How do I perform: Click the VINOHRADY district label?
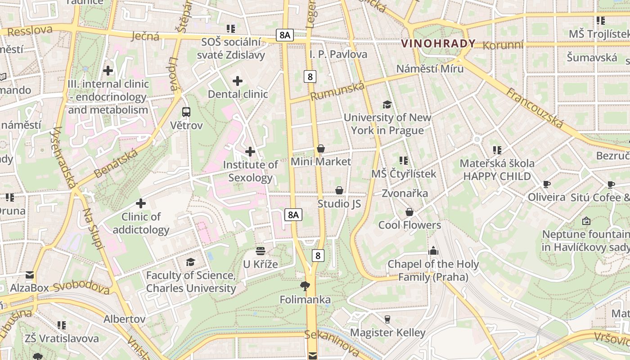click(x=438, y=43)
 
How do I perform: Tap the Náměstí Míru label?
click(x=430, y=69)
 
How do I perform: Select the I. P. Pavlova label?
click(x=338, y=54)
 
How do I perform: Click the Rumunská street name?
click(x=337, y=92)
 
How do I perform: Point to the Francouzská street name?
click(x=535, y=108)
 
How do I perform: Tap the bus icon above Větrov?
click(x=186, y=112)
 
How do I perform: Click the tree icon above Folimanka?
click(x=305, y=286)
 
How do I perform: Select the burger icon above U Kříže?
click(x=261, y=251)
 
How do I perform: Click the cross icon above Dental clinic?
click(x=237, y=81)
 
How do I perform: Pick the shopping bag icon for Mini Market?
click(x=321, y=148)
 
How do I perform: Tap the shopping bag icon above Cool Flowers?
click(x=409, y=211)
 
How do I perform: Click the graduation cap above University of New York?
click(x=387, y=105)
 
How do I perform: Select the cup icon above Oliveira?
click(x=547, y=184)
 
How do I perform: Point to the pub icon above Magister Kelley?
click(x=387, y=319)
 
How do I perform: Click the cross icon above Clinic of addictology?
click(x=141, y=203)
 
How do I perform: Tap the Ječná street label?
click(x=145, y=36)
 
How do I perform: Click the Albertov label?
click(x=125, y=319)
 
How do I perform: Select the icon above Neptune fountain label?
click(x=586, y=221)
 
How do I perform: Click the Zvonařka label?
click(x=405, y=193)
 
